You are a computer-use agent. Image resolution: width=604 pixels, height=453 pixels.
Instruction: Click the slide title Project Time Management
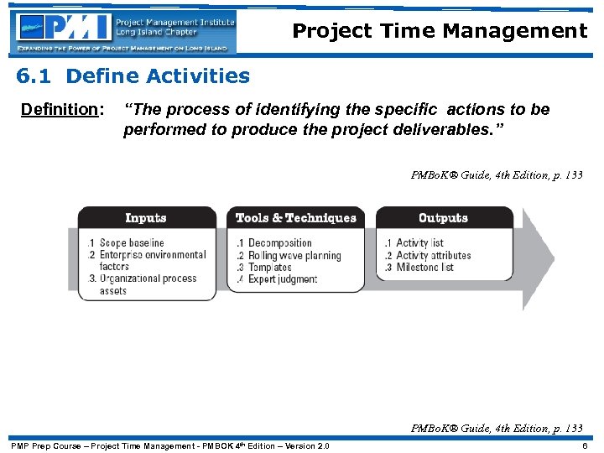pyautogui.click(x=440, y=32)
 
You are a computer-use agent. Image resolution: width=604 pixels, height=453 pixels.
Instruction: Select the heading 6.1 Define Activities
pyautogui.click(x=133, y=76)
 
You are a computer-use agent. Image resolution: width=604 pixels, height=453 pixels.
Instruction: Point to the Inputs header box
pyautogui.click(x=145, y=218)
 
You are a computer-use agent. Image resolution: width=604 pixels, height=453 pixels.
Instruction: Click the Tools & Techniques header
pyautogui.click(x=295, y=218)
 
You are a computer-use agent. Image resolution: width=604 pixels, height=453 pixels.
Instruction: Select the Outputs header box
pyautogui.click(x=443, y=218)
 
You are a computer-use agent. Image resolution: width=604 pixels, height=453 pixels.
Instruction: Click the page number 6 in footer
pyautogui.click(x=585, y=445)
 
